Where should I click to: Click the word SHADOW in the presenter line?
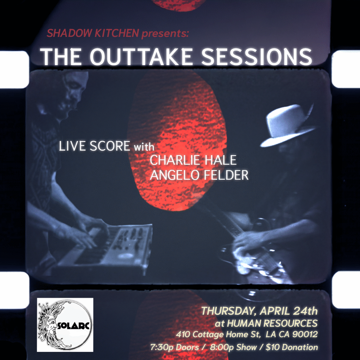pos(70,33)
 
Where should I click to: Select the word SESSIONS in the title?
pos(256,57)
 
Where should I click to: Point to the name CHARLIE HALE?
pos(193,160)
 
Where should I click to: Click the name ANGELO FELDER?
pos(199,175)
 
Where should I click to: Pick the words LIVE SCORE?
pos(94,146)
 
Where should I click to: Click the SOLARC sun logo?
pos(65,324)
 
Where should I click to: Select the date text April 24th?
pos(289,311)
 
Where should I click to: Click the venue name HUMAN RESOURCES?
pos(272,323)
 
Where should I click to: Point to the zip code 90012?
pos(305,334)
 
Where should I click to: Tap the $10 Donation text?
pos(292,347)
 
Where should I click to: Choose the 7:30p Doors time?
pos(174,347)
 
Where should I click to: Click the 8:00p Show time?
pos(233,347)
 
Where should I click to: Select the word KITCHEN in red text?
pos(117,33)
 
